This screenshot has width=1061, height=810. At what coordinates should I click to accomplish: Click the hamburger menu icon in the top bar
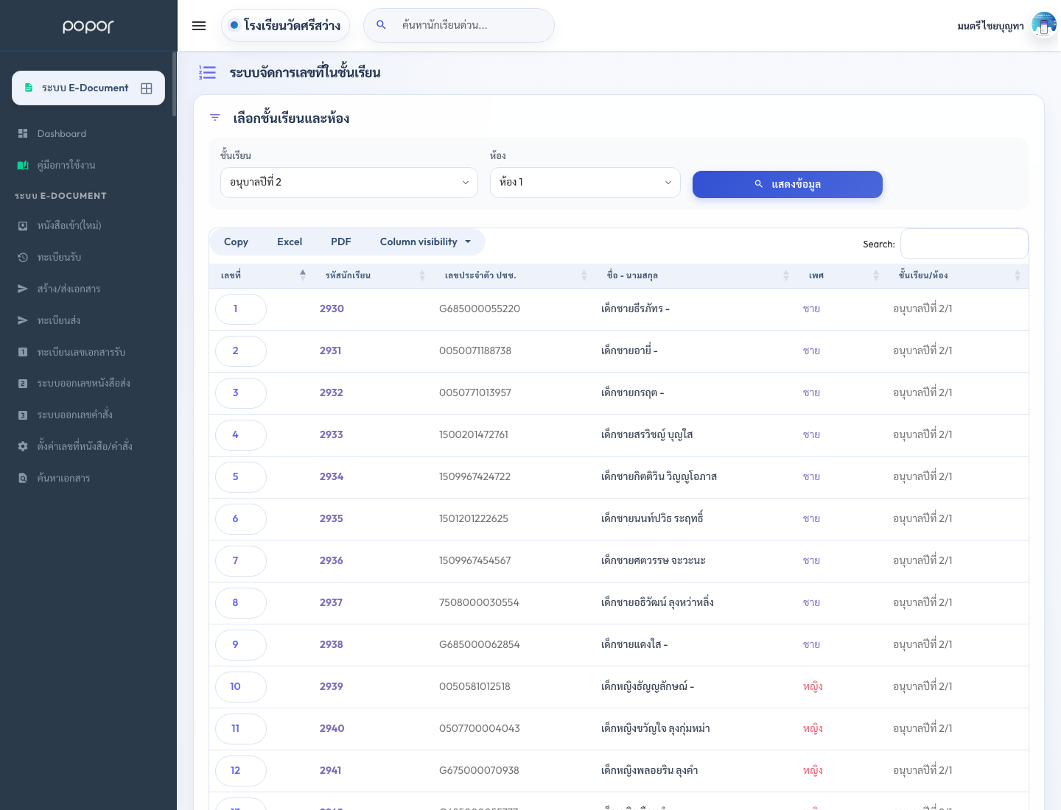tap(199, 26)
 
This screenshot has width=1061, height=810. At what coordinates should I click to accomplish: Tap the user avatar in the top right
tap(1043, 25)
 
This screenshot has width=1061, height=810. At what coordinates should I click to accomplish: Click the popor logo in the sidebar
tap(88, 26)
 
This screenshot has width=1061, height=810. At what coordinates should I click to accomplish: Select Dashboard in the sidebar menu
tap(62, 134)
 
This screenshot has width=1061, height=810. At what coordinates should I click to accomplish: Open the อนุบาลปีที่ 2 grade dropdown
tap(349, 183)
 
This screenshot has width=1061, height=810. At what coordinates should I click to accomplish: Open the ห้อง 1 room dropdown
tap(585, 183)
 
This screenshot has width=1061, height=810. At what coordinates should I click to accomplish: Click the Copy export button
tap(236, 242)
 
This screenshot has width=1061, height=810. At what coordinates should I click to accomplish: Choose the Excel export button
tap(289, 242)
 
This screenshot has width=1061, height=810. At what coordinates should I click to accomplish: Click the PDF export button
tap(341, 242)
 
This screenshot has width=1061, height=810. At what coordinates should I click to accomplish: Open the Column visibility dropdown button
tap(425, 242)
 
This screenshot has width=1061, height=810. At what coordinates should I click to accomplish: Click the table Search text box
tap(964, 244)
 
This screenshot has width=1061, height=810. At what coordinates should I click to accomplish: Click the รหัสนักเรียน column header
tap(348, 275)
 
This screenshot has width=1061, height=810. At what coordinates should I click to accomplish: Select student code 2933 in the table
tap(331, 434)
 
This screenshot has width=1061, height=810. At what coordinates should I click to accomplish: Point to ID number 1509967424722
tap(475, 476)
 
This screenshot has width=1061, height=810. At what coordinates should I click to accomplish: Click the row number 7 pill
tap(241, 561)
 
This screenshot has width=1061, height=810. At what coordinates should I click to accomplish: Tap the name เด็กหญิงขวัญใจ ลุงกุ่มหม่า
tap(656, 728)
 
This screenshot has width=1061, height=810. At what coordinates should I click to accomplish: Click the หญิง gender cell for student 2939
tap(813, 686)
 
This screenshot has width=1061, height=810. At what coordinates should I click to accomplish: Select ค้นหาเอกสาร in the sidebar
tap(63, 478)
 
